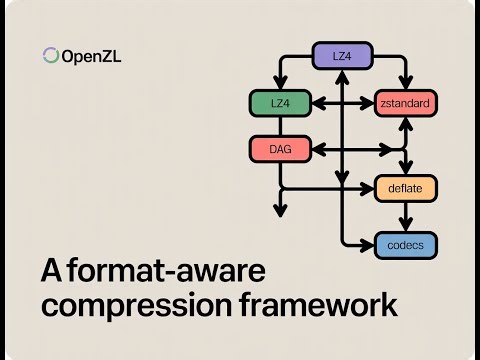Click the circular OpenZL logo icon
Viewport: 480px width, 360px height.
(50, 56)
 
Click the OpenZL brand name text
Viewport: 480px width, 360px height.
(92, 56)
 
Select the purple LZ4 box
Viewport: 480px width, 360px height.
(342, 57)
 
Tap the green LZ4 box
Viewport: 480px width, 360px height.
(279, 102)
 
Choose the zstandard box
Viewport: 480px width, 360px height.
(405, 102)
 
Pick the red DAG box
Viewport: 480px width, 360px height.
(279, 149)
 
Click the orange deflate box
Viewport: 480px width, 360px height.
(405, 188)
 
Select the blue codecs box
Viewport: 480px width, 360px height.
(405, 243)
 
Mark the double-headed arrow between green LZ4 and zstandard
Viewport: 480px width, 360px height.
(343, 102)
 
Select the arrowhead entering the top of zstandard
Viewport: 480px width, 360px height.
(405, 83)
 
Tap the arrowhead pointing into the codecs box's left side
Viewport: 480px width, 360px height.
(369, 243)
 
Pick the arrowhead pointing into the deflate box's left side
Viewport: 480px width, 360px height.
(369, 188)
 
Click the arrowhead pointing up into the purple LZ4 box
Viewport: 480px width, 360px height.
(343, 76)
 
